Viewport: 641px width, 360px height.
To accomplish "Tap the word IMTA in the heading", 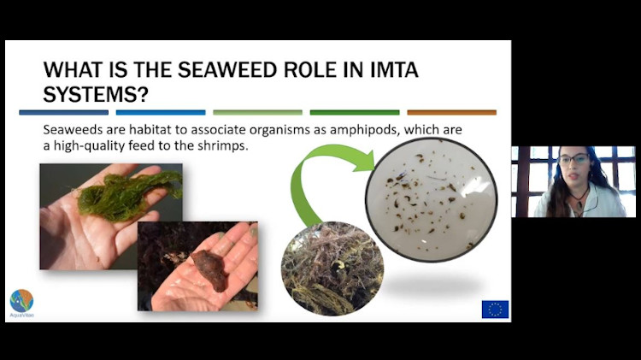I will (432, 69).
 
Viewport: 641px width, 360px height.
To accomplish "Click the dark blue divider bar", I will (63, 112).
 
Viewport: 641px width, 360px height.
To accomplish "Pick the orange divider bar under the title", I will (451, 112).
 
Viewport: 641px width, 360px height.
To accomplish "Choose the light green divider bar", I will (257, 112).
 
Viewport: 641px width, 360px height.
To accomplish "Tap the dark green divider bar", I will (355, 112).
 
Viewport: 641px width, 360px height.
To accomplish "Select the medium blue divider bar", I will (161, 112).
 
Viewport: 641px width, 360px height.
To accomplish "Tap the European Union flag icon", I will (495, 309).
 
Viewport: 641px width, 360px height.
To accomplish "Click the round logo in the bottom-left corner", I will (21, 301).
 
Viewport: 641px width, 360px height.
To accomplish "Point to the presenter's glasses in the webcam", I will (573, 160).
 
